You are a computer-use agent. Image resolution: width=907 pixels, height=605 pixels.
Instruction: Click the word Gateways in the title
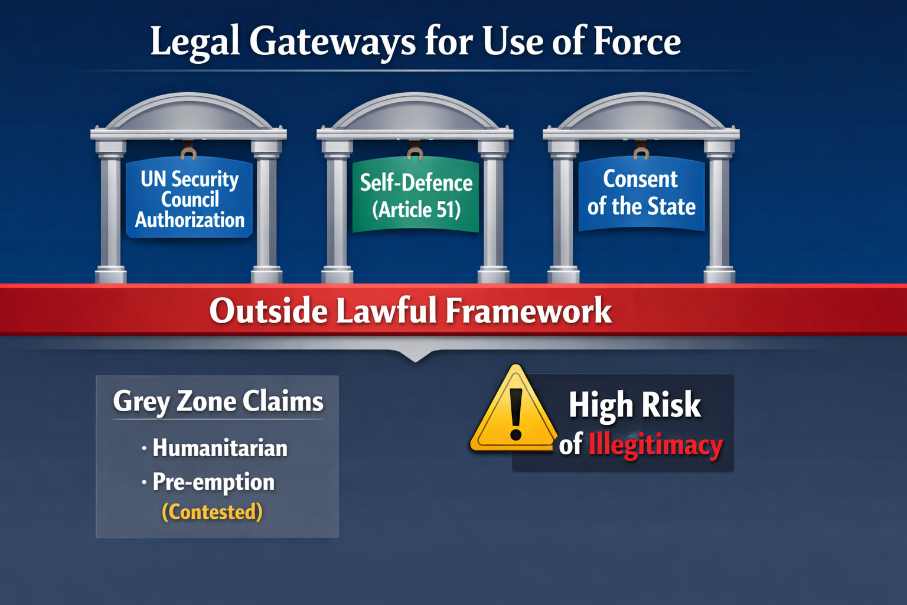[332, 43]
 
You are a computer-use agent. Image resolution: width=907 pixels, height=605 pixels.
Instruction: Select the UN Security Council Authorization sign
[190, 199]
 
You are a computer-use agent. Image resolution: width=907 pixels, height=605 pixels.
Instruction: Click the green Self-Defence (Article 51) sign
[416, 195]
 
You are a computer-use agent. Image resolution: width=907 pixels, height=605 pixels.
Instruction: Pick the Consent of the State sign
[641, 193]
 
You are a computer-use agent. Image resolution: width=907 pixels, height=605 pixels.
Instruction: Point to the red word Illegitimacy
[655, 445]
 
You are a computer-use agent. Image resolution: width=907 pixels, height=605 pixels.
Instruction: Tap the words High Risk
[635, 405]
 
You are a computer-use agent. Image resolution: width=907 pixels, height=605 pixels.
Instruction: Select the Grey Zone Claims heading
[218, 402]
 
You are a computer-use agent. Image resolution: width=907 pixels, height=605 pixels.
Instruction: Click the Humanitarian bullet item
[220, 448]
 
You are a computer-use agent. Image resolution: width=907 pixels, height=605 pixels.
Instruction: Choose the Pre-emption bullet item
[213, 482]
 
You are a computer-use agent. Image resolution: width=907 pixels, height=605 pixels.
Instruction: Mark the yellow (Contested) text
[212, 512]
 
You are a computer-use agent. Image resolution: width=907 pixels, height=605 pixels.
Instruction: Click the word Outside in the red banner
[268, 311]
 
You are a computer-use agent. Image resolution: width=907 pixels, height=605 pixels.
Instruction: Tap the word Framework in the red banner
[528, 311]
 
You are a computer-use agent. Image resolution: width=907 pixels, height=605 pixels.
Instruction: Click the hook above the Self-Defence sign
[415, 152]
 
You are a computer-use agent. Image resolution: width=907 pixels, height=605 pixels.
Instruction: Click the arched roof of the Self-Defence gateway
[415, 109]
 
